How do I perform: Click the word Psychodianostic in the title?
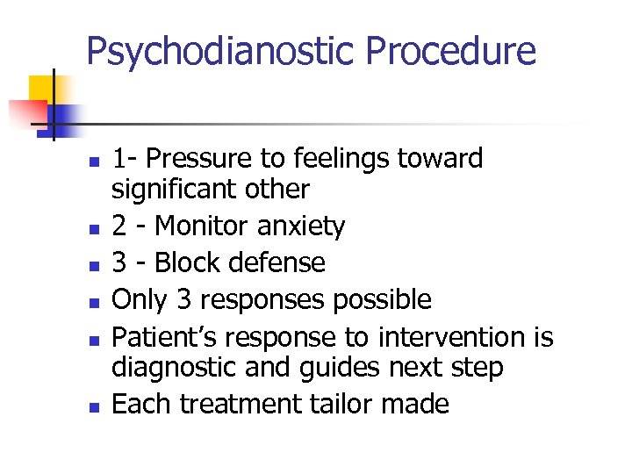point(220,51)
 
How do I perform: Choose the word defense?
point(281,263)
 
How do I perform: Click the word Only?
point(140,300)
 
